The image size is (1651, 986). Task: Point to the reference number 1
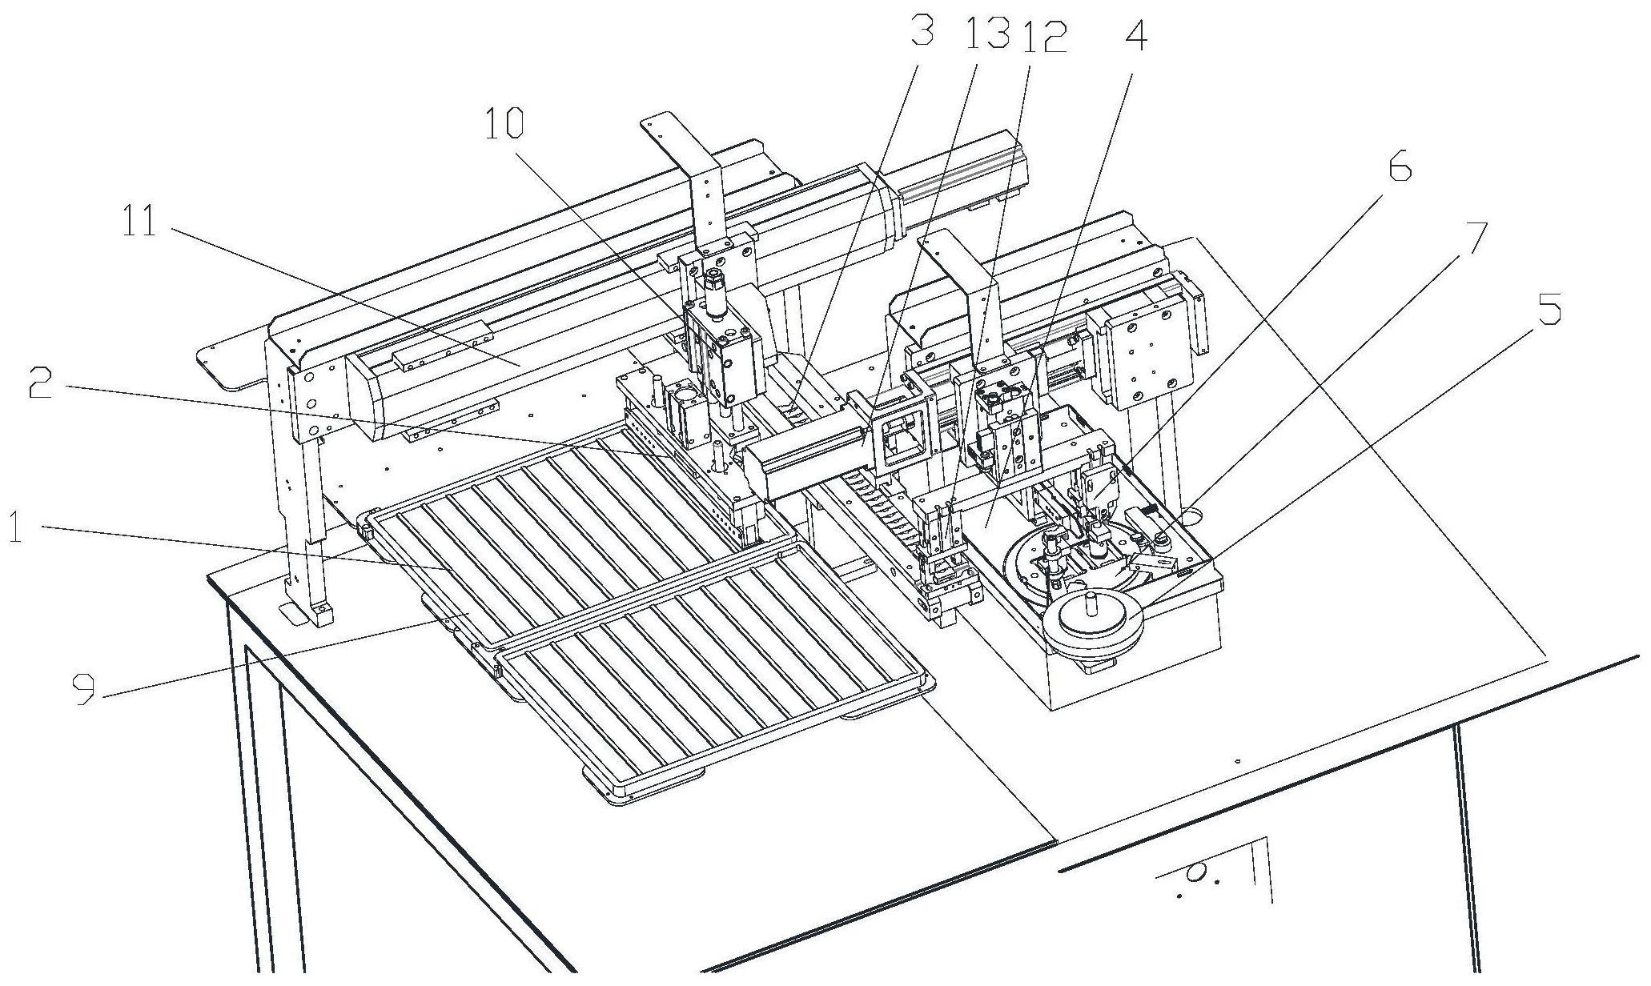15,528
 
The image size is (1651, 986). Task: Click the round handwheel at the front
1091,620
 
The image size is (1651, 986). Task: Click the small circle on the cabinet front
1195,874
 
